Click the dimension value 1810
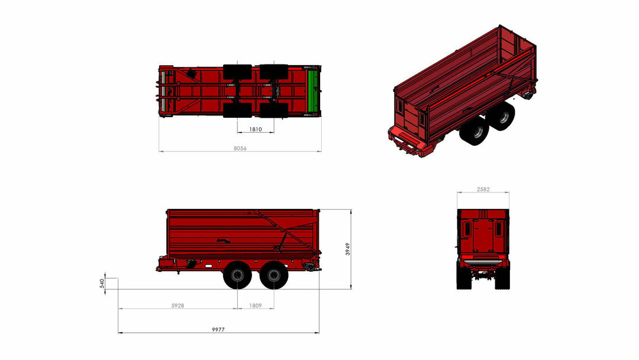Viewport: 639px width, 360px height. coord(256,129)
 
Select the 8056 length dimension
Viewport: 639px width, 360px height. coord(240,149)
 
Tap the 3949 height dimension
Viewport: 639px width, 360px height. coord(348,249)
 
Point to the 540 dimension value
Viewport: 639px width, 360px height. coord(102,284)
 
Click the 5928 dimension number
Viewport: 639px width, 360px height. coord(177,306)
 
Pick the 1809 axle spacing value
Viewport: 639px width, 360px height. coord(256,306)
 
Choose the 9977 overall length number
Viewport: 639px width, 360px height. coord(218,329)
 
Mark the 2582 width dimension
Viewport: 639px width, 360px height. coord(483,189)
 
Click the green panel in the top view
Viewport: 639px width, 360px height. coord(313,91)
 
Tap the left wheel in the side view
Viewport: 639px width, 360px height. coord(237,275)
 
